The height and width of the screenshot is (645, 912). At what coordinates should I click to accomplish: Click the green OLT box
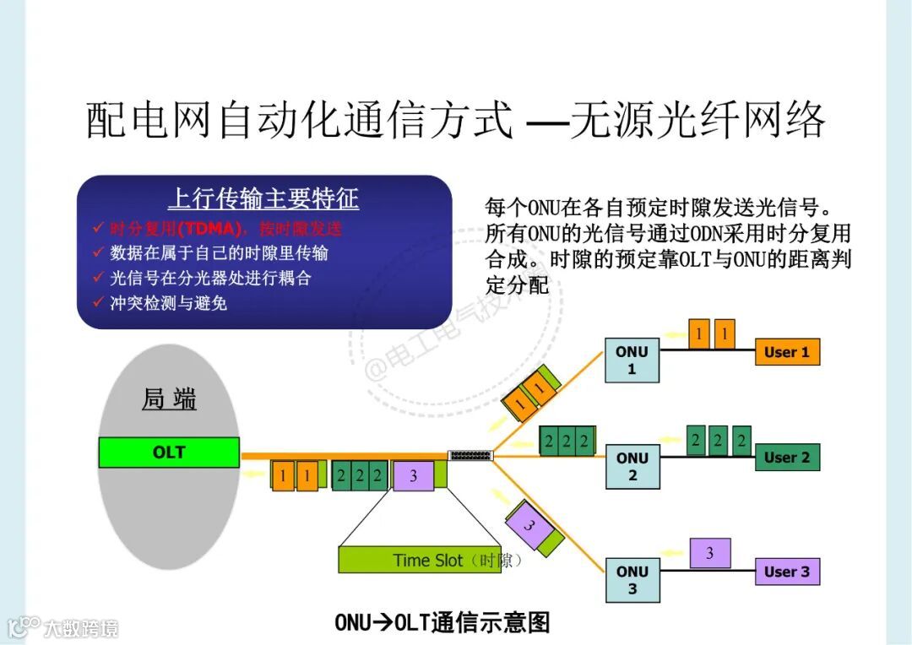169,453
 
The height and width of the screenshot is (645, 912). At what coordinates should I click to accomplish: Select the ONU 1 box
632,360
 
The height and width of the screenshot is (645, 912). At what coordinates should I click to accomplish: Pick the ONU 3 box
632,580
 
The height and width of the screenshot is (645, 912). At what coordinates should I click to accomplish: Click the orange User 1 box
787,352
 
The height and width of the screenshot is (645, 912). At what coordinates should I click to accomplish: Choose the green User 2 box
787,458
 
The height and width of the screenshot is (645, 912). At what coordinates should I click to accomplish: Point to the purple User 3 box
787,572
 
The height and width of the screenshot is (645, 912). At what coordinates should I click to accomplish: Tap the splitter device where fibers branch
470,456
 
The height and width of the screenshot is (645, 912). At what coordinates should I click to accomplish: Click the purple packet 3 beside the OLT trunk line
413,476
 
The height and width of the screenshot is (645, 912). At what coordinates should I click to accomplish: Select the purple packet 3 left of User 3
709,554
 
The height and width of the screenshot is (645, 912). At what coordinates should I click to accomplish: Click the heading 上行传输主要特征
263,199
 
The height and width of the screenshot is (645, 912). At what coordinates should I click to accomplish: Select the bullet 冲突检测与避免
169,302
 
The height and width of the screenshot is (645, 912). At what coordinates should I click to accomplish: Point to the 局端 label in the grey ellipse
169,399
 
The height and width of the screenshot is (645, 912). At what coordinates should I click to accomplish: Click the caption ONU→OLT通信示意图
442,623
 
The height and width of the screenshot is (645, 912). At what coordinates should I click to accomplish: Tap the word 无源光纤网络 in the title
697,121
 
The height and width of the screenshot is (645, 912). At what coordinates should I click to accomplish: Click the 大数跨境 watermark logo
62,627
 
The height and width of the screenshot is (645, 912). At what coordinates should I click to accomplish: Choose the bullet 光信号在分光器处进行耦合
211,278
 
